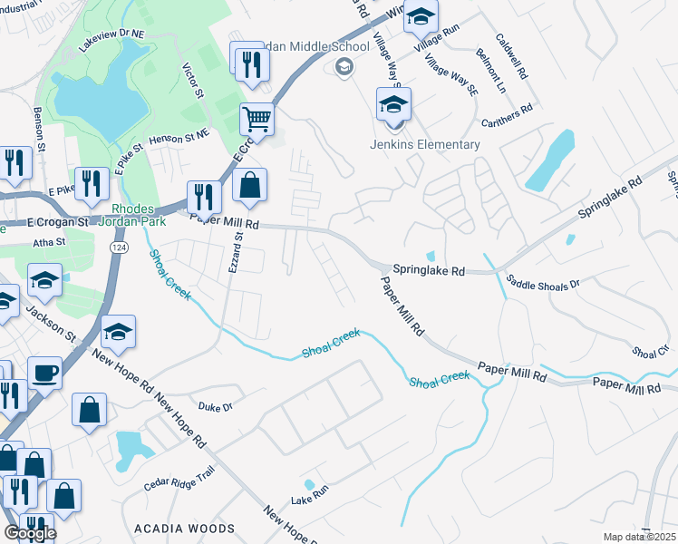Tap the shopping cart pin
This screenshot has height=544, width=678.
257,118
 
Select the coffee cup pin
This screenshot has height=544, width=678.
44,373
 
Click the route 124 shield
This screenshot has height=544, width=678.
118,247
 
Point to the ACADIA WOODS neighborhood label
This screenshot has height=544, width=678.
184,528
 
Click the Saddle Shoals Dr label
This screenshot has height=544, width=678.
542,283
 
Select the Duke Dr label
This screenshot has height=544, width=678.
216,406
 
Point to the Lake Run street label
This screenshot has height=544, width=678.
308,500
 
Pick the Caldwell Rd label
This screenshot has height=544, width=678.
511,57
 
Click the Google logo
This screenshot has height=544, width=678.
30,533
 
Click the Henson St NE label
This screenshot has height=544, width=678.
178,135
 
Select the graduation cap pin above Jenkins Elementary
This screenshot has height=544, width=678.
393,105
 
